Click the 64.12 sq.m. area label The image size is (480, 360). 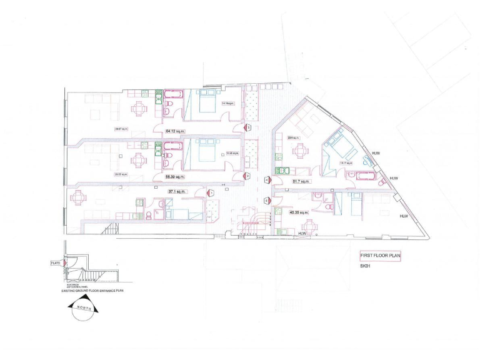[x=175, y=132]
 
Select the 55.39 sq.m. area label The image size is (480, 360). [x=174, y=177]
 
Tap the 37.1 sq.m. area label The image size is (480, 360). [x=177, y=191]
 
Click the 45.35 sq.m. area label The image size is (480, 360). [x=299, y=212]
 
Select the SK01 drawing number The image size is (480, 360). [x=366, y=267]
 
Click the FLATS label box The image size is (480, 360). [x=55, y=264]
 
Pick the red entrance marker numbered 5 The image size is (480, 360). [x=267, y=201]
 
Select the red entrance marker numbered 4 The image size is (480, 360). [x=267, y=180]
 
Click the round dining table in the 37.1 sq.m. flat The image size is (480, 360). [x=79, y=199]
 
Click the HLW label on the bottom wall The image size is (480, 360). [x=303, y=234]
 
